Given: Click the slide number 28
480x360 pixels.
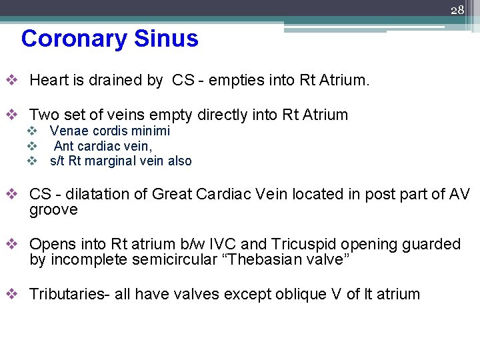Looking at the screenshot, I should click(457, 10).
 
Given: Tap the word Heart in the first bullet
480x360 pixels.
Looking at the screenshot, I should click(49, 81).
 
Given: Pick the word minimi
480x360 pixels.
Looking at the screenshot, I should click(150, 131).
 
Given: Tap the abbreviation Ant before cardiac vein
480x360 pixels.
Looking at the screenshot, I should click(64, 146).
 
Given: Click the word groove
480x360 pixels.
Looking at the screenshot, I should click(53, 210).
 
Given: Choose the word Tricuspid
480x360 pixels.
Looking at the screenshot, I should click(301, 244).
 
